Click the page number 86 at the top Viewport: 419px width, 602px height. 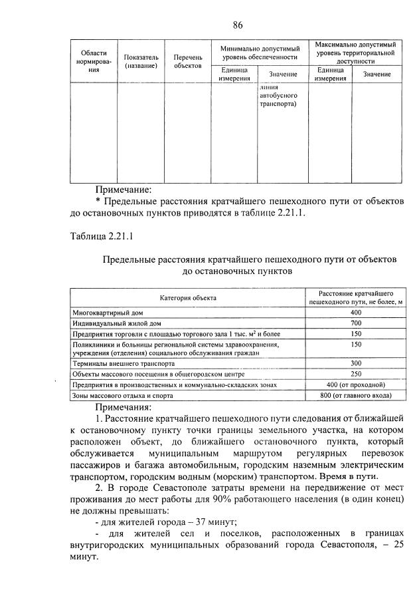point(238,25)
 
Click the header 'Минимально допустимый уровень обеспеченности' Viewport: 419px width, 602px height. point(260,53)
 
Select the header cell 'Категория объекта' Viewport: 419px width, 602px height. point(187,297)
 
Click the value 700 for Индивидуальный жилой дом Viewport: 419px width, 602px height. point(356,323)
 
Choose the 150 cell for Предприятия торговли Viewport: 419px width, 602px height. point(356,333)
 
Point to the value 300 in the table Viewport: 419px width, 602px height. point(356,364)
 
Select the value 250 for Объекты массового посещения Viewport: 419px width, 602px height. point(356,375)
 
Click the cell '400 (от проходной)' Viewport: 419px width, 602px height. point(356,385)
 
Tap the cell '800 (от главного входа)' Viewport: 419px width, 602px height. point(356,396)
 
